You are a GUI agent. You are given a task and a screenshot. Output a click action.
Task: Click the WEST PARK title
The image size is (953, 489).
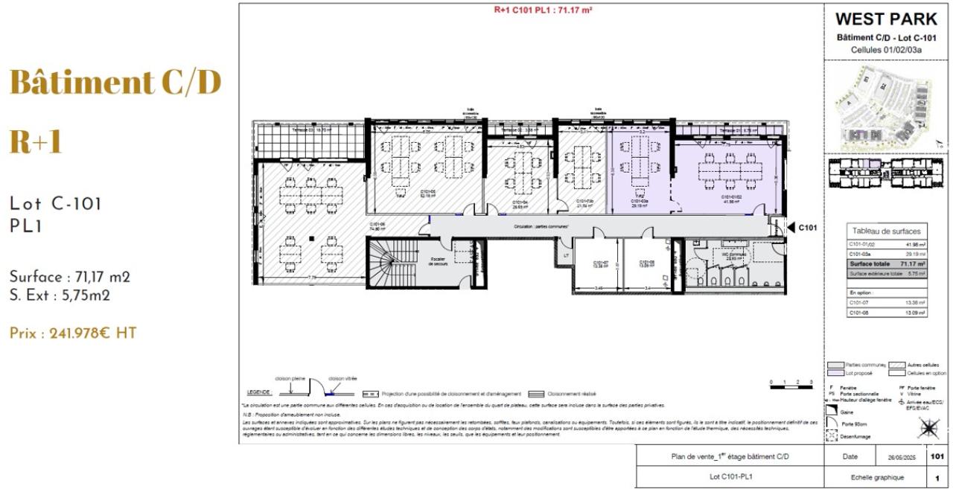885,19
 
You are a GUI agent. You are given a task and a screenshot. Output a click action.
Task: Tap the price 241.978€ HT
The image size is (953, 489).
73,333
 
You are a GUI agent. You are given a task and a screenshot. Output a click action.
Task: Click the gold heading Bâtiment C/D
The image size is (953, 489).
115,83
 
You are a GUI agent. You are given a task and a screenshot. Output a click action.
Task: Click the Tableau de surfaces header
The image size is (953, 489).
886,231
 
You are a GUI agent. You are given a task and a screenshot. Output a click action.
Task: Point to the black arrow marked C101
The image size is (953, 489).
791,228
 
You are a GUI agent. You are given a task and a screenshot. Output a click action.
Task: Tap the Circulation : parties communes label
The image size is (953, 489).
541,226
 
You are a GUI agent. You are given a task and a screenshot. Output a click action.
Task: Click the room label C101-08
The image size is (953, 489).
646,263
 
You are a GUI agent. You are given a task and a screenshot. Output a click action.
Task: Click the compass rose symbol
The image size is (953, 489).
928,429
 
